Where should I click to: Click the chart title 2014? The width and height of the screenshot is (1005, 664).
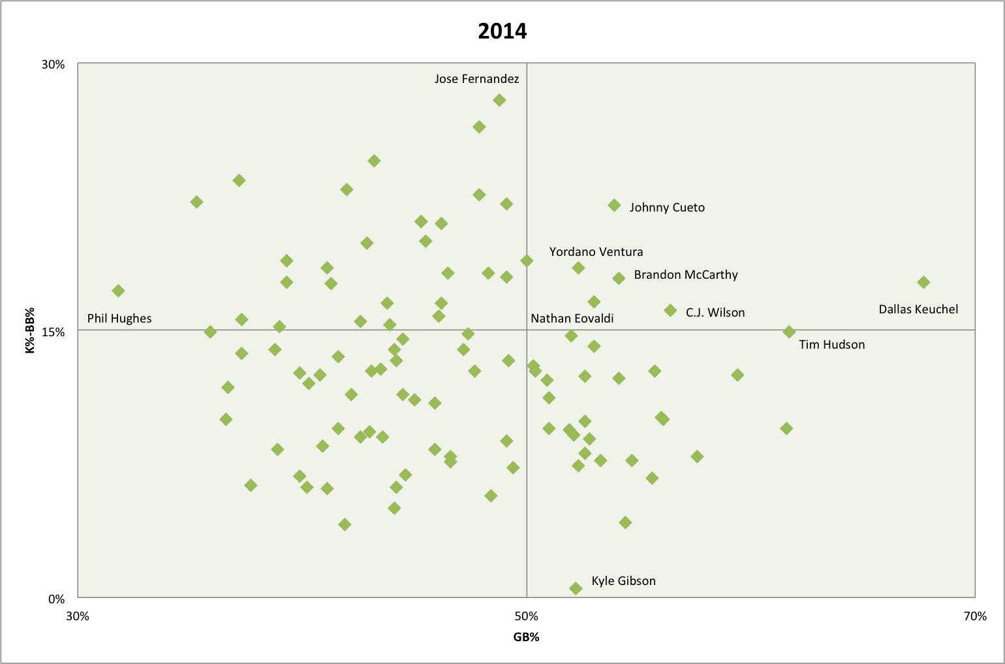pos(502,31)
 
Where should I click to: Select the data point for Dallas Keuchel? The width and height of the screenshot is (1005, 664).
pos(923,282)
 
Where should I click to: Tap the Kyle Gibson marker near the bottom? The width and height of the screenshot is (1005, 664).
pos(576,588)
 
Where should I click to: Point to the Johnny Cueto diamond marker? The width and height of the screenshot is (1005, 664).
pos(614,205)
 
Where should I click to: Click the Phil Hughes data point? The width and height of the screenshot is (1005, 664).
pos(118,291)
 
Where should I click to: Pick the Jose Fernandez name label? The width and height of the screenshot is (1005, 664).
pos(476,79)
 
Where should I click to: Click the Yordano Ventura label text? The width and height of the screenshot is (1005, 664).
pos(596,252)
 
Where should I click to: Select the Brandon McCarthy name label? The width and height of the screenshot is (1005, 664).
pos(685,275)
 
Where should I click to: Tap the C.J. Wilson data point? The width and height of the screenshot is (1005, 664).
pos(670,310)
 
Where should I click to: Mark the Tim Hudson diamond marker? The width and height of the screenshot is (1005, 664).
pos(789,332)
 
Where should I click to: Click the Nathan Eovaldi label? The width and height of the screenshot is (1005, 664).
pos(572,319)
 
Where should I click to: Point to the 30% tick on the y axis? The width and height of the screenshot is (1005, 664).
pos(54,65)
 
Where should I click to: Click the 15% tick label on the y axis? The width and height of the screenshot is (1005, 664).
pos(54,332)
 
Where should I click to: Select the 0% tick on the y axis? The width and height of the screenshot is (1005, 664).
pos(57,599)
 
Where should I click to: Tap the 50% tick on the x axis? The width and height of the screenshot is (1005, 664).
pos(526,616)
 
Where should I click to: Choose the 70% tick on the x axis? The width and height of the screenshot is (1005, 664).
pos(975,616)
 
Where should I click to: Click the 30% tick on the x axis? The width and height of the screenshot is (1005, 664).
pos(78,616)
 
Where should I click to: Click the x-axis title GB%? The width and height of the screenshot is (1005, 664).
pos(526,637)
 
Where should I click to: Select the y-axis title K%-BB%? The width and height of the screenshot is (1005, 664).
pos(30,330)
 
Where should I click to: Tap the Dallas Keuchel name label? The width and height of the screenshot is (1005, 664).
pos(918,309)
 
